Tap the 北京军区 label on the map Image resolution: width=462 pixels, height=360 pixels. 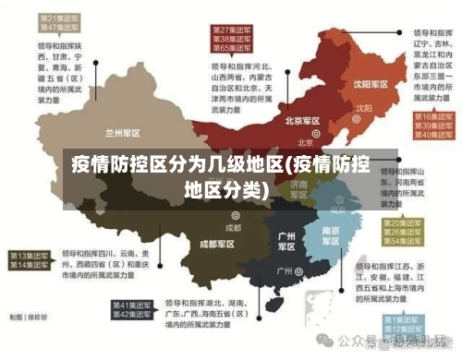(x=303, y=120)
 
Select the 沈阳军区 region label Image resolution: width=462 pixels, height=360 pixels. (x=369, y=83)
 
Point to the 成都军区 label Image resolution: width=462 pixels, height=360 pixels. (x=217, y=244)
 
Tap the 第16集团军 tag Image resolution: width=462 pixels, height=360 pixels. (x=430, y=117)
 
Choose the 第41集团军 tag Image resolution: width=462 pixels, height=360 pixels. (x=131, y=305)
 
